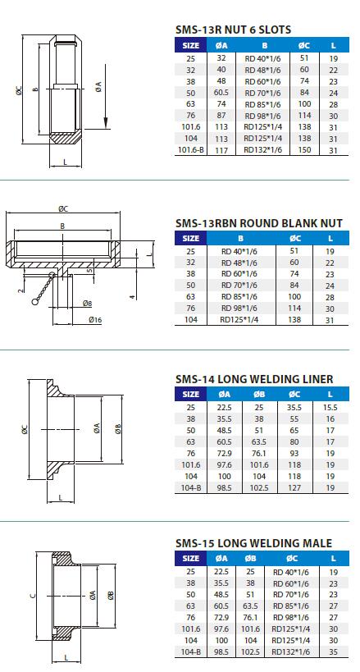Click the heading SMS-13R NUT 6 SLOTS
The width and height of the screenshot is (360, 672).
233,30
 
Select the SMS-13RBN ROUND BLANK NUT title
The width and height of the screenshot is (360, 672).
258,222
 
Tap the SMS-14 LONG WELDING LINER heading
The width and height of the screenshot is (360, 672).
254,379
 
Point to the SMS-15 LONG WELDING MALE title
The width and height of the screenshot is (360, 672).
253,543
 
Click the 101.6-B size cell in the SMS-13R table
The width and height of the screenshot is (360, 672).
191,150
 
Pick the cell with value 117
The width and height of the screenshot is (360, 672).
221,150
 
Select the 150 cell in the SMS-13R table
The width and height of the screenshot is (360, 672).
304,150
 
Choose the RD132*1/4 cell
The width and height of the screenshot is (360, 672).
262,150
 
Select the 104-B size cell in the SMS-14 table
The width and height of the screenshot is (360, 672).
191,487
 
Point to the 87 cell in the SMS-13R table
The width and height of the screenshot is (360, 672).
221,116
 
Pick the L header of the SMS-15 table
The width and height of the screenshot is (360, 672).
334,558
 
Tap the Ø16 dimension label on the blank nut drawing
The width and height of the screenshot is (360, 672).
95,319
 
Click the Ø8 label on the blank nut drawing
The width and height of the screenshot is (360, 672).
87,304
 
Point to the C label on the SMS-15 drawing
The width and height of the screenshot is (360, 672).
31,597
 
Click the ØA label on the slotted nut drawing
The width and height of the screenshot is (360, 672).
98,85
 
